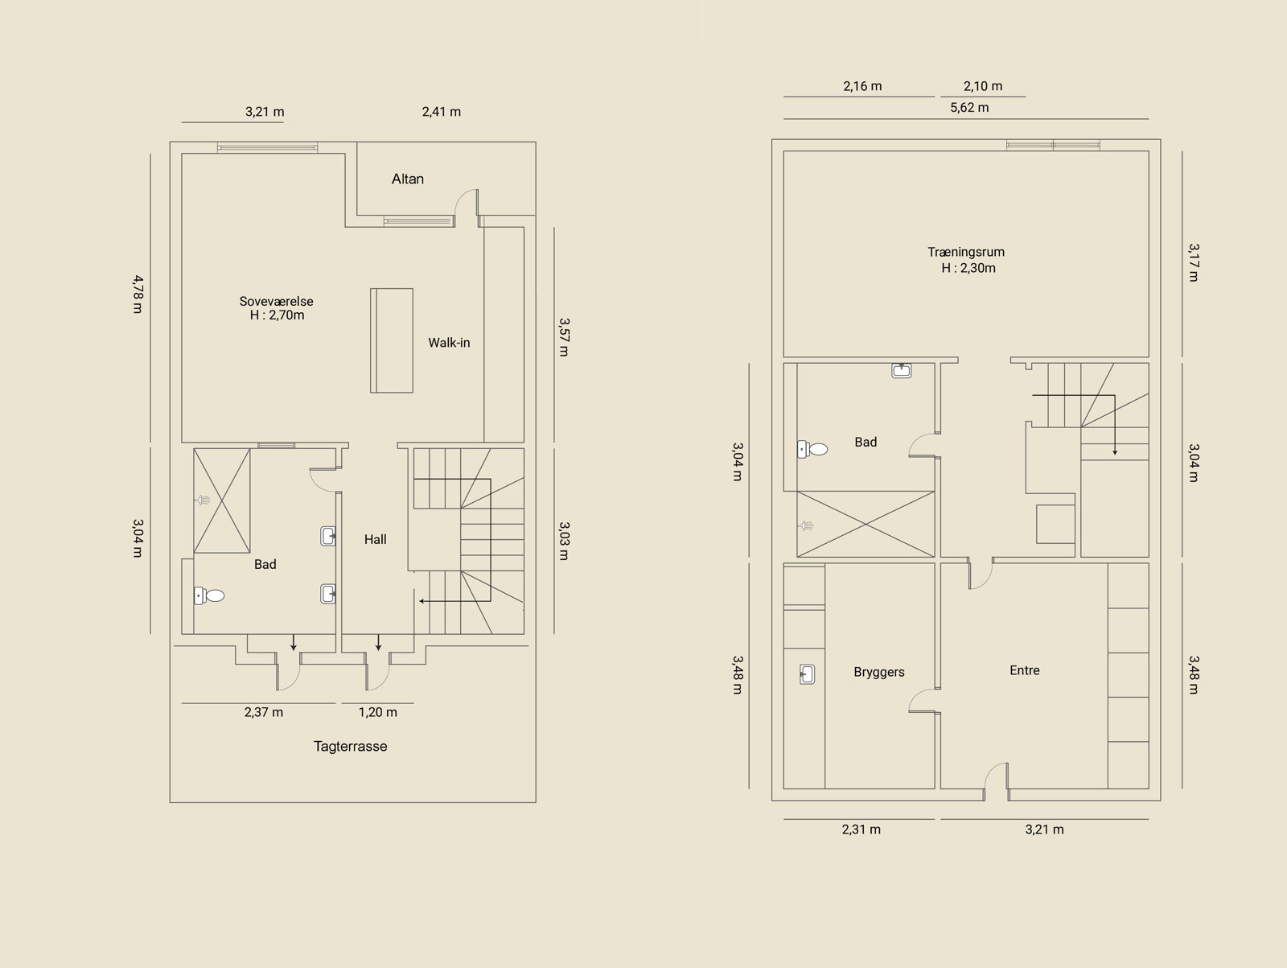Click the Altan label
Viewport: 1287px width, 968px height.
pyautogui.click(x=408, y=179)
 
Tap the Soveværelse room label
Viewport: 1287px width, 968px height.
pyautogui.click(x=276, y=302)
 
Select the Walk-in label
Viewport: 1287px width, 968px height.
pyautogui.click(x=449, y=343)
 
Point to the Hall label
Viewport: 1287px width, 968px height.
pyautogui.click(x=376, y=539)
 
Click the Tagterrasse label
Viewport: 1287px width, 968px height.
pyautogui.click(x=350, y=747)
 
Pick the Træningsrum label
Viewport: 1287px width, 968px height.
pyautogui.click(x=966, y=252)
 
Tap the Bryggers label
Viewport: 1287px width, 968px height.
pyautogui.click(x=879, y=673)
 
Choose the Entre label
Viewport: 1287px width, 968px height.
pyautogui.click(x=1024, y=670)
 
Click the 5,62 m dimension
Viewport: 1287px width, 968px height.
pyautogui.click(x=969, y=107)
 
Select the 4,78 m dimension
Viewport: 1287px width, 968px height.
pyautogui.click(x=138, y=295)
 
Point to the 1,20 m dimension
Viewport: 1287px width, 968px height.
pyautogui.click(x=377, y=712)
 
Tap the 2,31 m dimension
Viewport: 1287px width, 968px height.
pyautogui.click(x=861, y=829)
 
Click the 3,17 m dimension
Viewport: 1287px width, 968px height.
pyautogui.click(x=1193, y=262)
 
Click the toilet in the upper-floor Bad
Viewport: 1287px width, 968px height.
pyautogui.click(x=209, y=595)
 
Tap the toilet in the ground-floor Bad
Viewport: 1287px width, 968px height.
pyautogui.click(x=812, y=449)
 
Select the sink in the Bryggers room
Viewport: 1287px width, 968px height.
pyautogui.click(x=807, y=674)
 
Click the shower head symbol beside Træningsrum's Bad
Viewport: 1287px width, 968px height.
pyautogui.click(x=806, y=525)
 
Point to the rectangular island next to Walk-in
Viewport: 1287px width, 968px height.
pyautogui.click(x=392, y=340)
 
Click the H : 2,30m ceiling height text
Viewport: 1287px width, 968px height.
pyautogui.click(x=968, y=268)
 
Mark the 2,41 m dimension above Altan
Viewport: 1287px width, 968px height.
pyautogui.click(x=441, y=111)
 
